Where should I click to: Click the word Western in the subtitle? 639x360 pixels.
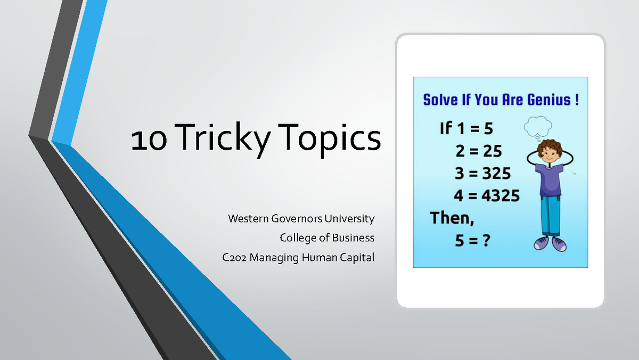tap(248, 218)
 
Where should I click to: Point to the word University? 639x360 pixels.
tap(349, 218)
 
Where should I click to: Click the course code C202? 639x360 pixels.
tap(234, 258)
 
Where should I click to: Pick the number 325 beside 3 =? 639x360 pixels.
tap(495, 174)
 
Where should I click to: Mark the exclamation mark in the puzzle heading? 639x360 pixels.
tap(576, 100)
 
